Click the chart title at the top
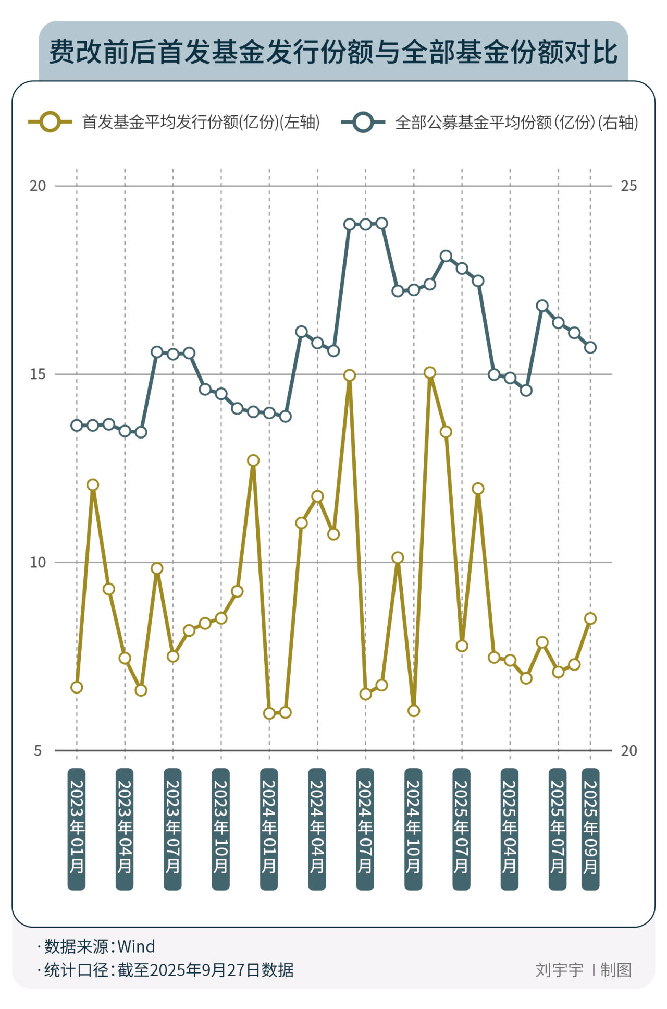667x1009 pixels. click(333, 52)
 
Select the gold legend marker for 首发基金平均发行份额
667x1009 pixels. click(50, 122)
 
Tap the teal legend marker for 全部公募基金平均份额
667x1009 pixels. click(363, 122)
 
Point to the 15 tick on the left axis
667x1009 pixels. click(38, 374)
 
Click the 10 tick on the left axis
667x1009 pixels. click(38, 563)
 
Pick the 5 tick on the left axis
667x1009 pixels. click(38, 751)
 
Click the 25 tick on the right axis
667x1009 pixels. click(629, 186)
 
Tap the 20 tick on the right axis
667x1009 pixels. click(629, 751)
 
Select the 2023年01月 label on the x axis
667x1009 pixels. click(77, 829)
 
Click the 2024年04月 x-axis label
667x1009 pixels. click(317, 829)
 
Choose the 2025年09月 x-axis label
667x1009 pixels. click(590, 829)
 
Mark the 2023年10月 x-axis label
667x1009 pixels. click(221, 829)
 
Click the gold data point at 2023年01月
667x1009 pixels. click(77, 687)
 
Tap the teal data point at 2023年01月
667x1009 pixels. click(77, 426)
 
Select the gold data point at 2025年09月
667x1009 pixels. click(590, 618)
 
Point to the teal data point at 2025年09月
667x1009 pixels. click(590, 347)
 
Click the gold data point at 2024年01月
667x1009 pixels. click(269, 713)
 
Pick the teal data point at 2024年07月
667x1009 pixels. click(365, 224)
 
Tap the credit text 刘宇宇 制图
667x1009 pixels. click(584, 970)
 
